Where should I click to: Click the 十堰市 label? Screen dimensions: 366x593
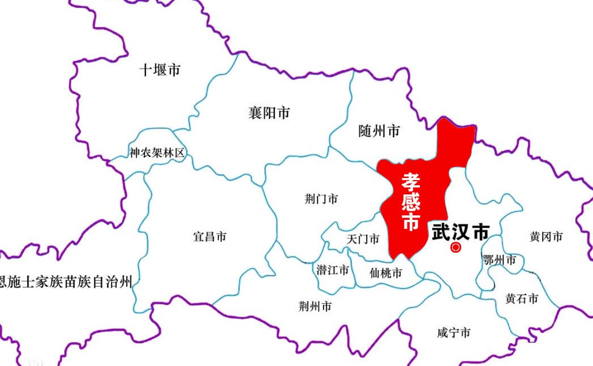160,70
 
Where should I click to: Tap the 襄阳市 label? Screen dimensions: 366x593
269,113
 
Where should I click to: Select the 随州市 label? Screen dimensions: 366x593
379,131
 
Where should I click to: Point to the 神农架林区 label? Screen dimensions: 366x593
157,152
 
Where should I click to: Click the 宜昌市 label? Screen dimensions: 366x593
210,236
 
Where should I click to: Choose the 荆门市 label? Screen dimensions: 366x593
321,199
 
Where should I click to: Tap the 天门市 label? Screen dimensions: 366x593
363,239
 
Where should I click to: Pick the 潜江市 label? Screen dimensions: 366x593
333,270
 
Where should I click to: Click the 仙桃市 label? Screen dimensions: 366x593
385,273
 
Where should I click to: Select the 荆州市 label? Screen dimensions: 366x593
315,307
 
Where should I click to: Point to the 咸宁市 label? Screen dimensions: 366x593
454,333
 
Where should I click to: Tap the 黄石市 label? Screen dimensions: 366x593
522,299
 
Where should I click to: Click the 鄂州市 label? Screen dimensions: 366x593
500,260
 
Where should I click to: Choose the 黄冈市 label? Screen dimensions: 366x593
546,236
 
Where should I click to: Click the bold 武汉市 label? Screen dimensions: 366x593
460,232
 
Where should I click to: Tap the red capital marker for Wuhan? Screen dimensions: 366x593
456,247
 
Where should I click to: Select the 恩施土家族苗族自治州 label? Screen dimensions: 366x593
66,281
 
